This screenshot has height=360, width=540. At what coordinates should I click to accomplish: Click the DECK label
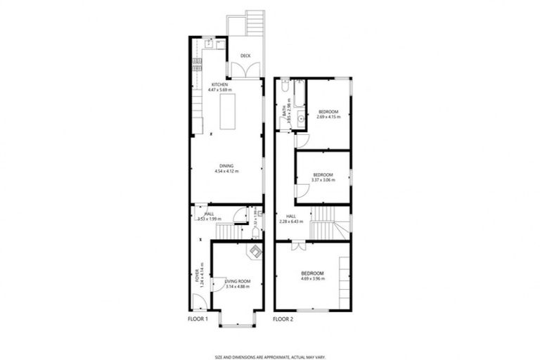[245, 56]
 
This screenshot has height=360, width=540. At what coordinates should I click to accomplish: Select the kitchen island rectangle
[227, 112]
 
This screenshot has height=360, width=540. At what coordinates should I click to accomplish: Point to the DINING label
[226, 166]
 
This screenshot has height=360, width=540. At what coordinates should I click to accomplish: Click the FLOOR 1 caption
[198, 319]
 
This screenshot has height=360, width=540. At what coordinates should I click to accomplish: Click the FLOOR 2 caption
[283, 319]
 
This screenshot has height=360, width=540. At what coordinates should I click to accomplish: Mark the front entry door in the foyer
[199, 301]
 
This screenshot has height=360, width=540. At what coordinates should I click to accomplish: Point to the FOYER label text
[197, 276]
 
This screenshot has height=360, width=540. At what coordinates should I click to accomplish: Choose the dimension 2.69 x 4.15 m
[328, 117]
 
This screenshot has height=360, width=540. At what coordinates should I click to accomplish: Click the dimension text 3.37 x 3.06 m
[323, 179]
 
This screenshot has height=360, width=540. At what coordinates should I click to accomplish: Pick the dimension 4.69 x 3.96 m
[312, 278]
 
